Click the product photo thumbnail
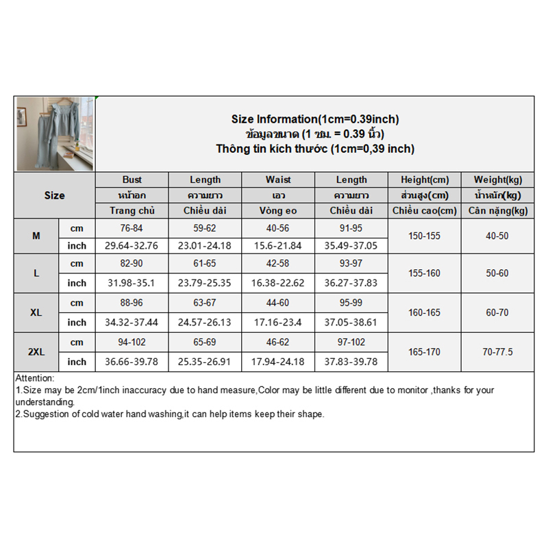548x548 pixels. tap(55, 134)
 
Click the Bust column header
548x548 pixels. tap(132, 179)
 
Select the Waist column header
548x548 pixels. tap(278, 179)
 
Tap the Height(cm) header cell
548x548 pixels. tap(424, 179)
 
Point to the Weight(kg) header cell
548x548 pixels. tap(497, 179)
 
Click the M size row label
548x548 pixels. tap(36, 236)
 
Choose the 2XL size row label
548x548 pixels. tap(36, 352)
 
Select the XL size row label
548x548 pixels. tap(36, 312)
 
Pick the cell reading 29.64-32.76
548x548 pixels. tap(132, 245)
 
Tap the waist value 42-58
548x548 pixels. tap(278, 264)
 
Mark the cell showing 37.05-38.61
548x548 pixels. tap(351, 322)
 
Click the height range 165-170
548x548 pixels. tap(424, 352)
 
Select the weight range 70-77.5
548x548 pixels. tap(497, 352)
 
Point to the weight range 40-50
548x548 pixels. tap(497, 236)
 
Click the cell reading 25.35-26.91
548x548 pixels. tap(205, 362)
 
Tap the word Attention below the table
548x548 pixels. tap(34, 378)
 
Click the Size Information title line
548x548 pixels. tap(315, 119)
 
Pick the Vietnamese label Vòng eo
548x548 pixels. tap(278, 210)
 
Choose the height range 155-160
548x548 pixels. tap(424, 273)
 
